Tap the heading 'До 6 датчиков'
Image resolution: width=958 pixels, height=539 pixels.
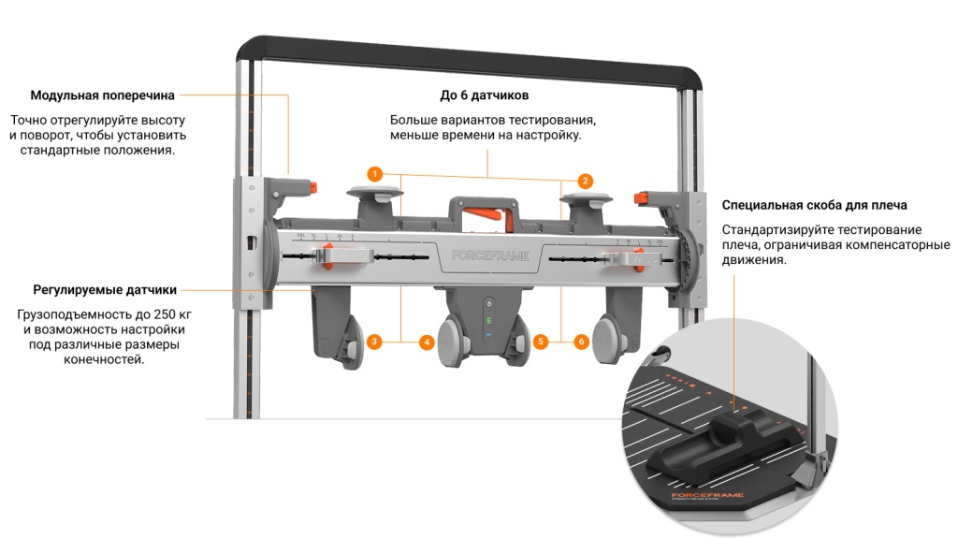(486, 95)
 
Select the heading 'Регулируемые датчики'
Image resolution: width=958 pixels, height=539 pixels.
(105, 290)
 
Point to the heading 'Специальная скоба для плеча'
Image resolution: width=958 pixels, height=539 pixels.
(814, 205)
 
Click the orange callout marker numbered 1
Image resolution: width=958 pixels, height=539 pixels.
(374, 174)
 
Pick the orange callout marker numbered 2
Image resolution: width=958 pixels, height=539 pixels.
(585, 181)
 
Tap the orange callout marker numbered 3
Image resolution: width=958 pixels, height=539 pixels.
(373, 342)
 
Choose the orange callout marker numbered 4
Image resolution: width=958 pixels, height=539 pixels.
(427, 342)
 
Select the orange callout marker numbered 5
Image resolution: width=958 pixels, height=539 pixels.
(541, 342)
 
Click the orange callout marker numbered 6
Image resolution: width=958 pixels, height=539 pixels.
(581, 342)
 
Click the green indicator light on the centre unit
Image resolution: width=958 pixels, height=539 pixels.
(486, 318)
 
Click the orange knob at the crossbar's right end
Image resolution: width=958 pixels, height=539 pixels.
(642, 198)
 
